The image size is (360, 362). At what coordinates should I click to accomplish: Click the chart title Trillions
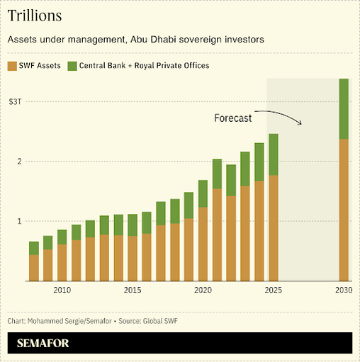click(34, 15)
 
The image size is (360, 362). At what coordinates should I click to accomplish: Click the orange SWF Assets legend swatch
click(13, 66)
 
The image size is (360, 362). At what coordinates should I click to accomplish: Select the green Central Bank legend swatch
click(72, 66)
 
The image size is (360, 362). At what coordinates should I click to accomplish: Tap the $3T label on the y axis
click(17, 101)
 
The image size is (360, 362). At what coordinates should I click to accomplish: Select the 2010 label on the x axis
click(62, 290)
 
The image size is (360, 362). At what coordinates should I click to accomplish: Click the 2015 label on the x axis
click(132, 290)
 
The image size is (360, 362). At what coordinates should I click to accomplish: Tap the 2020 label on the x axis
click(203, 290)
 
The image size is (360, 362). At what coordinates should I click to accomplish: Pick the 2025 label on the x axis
click(273, 290)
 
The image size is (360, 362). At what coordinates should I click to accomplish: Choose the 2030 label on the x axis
click(344, 290)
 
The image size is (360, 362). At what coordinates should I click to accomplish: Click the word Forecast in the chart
click(232, 118)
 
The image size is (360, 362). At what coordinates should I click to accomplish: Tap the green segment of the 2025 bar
click(273, 154)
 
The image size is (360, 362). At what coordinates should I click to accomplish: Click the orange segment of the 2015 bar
click(132, 258)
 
